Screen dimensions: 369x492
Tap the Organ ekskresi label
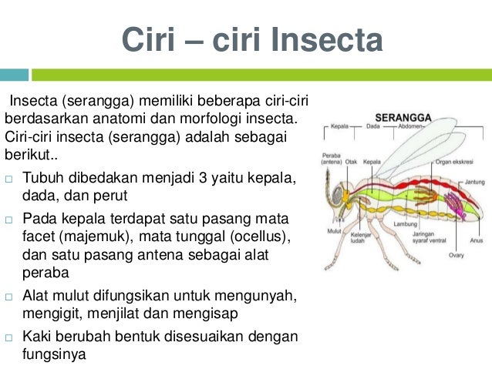pyautogui.click(x=450, y=162)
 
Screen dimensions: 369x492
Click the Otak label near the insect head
pyautogui.click(x=351, y=162)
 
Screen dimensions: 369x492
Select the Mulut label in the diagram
pyautogui.click(x=333, y=230)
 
